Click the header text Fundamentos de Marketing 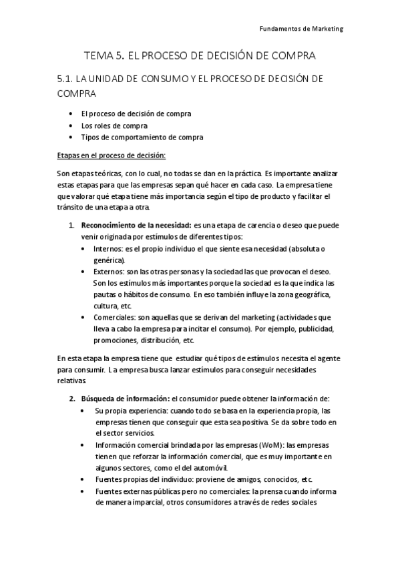[301, 29]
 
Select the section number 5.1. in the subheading [66, 79]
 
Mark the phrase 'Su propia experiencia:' [130, 410]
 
